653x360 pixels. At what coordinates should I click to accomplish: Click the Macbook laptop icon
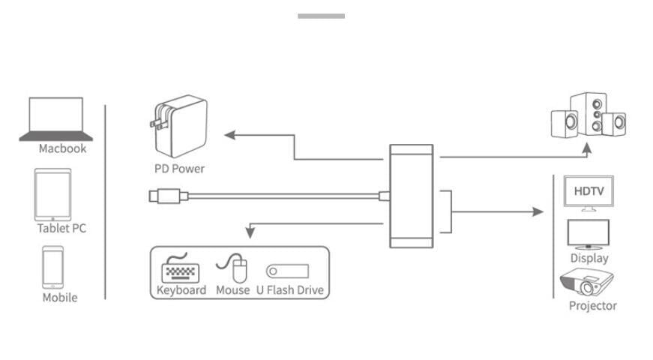point(56,119)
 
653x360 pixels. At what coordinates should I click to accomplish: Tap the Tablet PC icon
point(52,194)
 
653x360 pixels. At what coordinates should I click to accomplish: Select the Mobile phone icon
point(52,267)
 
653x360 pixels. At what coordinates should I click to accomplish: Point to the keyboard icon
point(181,268)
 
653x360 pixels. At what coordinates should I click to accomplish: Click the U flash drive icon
point(287,271)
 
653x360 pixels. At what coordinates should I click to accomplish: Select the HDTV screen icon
point(589,192)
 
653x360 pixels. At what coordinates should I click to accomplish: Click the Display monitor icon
point(589,233)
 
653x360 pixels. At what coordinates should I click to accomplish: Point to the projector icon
point(586,283)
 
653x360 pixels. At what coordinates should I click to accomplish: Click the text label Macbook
point(62,148)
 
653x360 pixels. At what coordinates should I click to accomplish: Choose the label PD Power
point(179,169)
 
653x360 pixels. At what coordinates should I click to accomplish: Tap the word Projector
point(592,305)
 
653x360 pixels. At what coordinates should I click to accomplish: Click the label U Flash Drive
point(290,290)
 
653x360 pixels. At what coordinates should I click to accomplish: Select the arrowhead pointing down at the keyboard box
point(250,234)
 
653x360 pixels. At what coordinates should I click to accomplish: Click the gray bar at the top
point(321,16)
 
